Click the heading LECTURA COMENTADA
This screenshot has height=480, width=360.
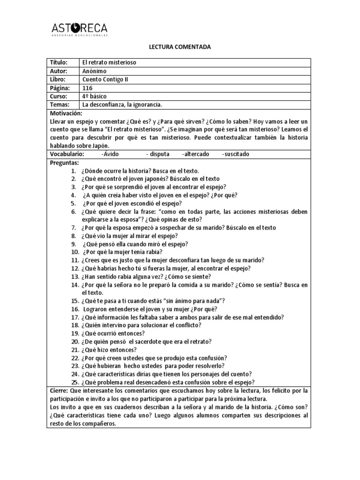pyautogui.click(x=180, y=47)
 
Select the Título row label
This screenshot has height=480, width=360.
pyautogui.click(x=59, y=62)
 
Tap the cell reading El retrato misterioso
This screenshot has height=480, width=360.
pyautogui.click(x=109, y=62)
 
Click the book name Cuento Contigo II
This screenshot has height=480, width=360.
pyautogui.click(x=105, y=79)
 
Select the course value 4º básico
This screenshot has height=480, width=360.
pyautogui.click(x=95, y=96)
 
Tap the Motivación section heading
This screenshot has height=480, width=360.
pyautogui.click(x=66, y=113)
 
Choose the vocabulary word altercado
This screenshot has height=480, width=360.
pyautogui.click(x=196, y=154)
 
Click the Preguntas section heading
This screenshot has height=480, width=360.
pyautogui.click(x=64, y=162)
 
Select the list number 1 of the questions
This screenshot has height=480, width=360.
pyautogui.click(x=74, y=171)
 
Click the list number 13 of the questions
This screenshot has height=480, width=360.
pyautogui.click(x=75, y=276)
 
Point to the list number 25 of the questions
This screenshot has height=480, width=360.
pyautogui.click(x=75, y=382)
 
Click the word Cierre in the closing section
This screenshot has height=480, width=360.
pyautogui.click(x=58, y=390)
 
